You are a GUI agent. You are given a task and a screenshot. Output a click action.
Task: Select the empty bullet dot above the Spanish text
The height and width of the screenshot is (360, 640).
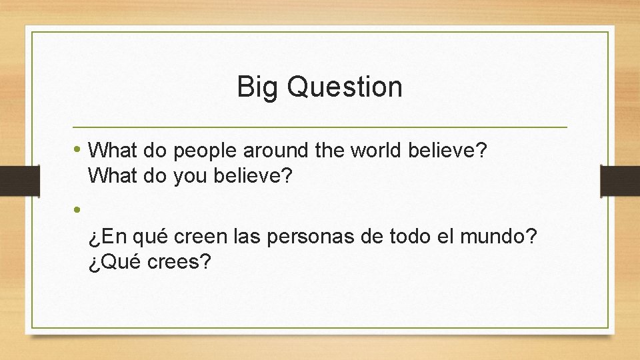click(78, 209)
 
